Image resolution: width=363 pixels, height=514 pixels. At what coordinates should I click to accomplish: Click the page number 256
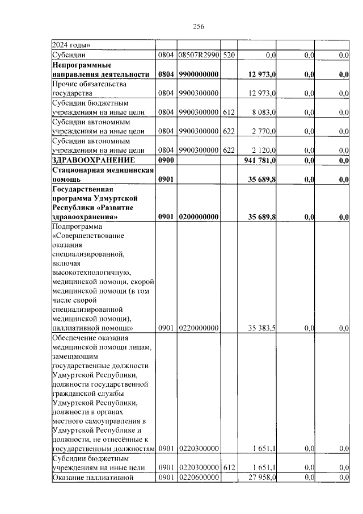(198, 27)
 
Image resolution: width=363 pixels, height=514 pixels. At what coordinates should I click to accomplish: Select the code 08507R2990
(198, 55)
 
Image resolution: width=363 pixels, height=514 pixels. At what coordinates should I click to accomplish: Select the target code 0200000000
(198, 216)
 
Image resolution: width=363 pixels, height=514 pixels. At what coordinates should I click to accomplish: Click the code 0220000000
(198, 328)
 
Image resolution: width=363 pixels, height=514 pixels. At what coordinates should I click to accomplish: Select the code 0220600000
(198, 478)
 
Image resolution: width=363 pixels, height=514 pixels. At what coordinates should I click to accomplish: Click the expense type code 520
(228, 55)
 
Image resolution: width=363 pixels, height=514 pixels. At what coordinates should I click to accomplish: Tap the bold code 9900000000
(198, 74)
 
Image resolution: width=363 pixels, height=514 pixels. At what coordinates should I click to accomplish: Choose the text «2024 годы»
(71, 45)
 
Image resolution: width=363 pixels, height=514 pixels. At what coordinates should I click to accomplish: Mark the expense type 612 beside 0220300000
(228, 467)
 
